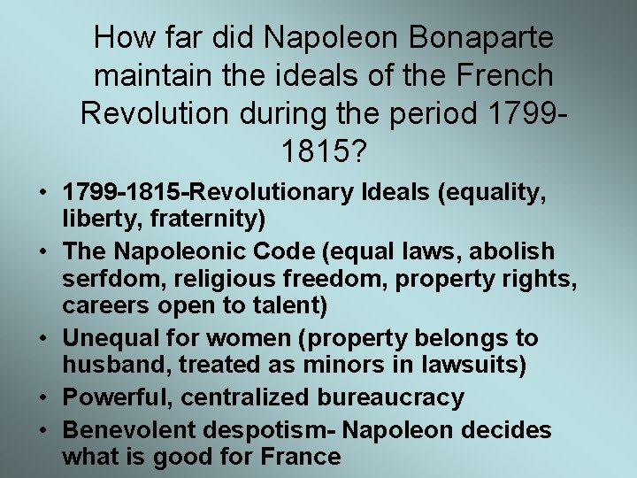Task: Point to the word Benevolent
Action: (127, 431)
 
